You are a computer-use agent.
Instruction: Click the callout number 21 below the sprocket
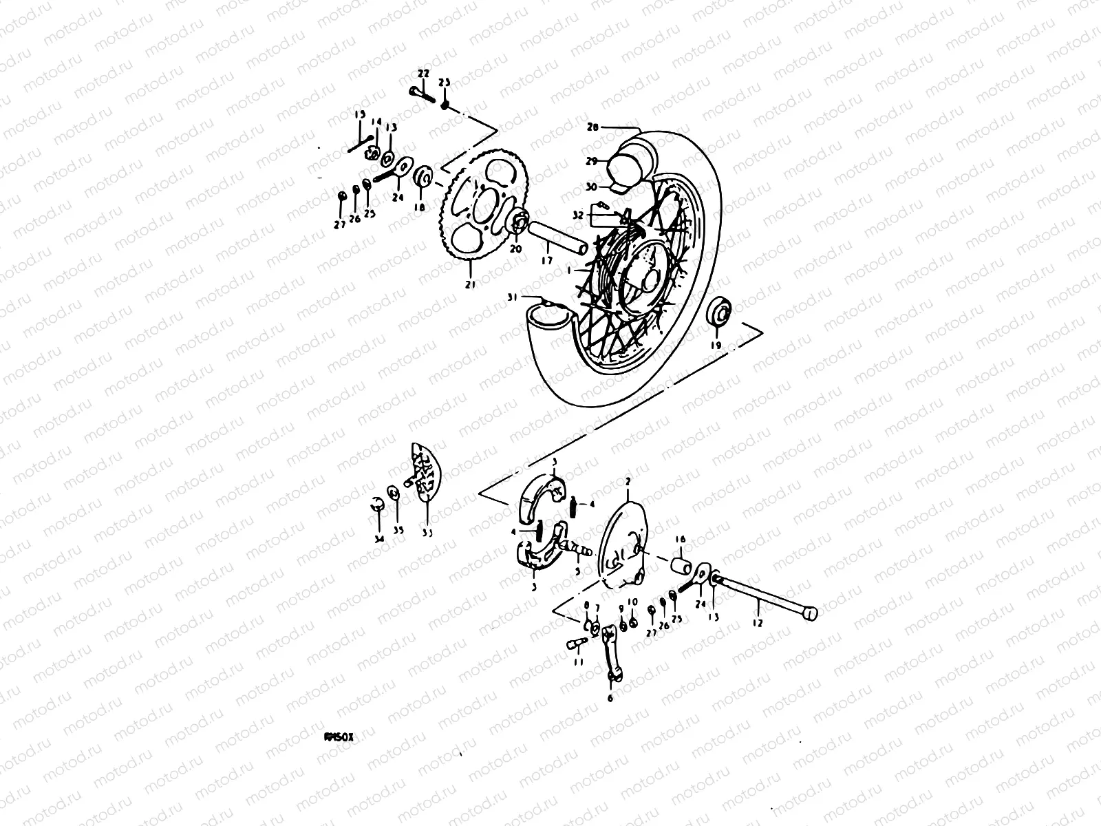[470, 284]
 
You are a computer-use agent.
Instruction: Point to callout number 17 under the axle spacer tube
[546, 261]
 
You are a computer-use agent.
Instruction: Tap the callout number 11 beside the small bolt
[578, 661]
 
